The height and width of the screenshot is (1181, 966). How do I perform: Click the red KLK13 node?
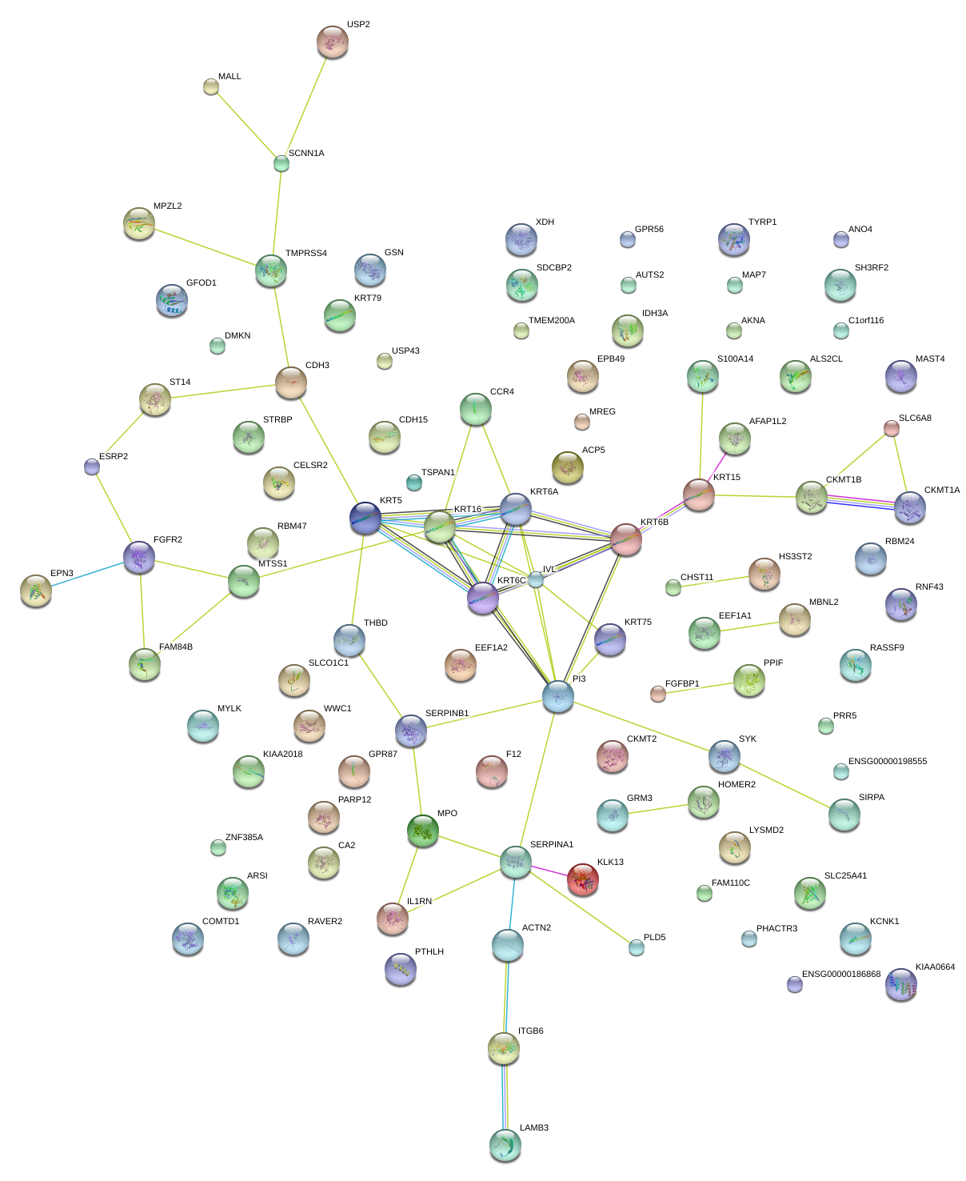[583, 879]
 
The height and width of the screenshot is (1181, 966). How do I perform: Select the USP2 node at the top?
[333, 42]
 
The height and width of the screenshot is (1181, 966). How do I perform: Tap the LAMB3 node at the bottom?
[505, 1145]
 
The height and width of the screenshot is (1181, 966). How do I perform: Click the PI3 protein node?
[558, 696]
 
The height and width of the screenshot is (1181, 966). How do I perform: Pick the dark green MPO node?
[423, 831]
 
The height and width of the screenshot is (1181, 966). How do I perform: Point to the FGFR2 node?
[139, 557]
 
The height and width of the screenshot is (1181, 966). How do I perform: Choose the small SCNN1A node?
[281, 163]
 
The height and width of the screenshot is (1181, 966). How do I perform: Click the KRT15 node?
[699, 495]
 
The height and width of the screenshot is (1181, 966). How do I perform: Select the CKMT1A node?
[910, 507]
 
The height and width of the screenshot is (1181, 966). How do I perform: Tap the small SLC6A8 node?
[892, 428]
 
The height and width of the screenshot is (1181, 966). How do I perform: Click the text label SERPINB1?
[447, 713]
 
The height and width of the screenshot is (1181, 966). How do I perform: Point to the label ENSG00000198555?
[888, 761]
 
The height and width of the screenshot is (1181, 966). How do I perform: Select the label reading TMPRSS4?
[306, 254]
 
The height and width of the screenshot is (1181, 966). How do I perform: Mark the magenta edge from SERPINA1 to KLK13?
[549, 871]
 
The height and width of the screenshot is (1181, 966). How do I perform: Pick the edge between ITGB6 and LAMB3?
[505, 1096]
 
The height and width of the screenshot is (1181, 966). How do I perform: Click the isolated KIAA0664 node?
[901, 985]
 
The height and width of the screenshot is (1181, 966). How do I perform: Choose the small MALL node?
[211, 86]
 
